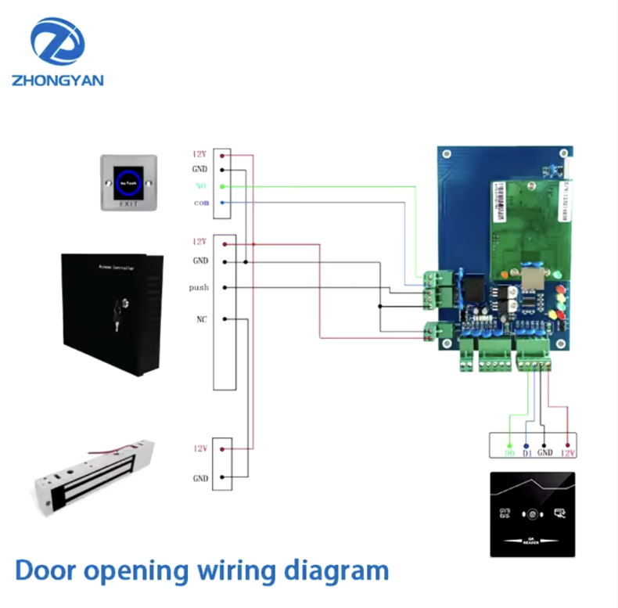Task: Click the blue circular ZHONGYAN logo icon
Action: tap(57, 42)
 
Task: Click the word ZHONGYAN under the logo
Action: tap(58, 80)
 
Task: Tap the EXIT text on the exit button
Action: tap(128, 203)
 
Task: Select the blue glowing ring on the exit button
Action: tap(128, 182)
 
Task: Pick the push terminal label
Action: tap(199, 288)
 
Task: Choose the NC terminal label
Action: tap(200, 319)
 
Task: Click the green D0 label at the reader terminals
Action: tap(510, 453)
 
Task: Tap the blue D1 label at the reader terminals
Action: tap(527, 453)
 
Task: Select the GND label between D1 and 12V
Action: tap(545, 453)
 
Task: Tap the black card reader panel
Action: tap(532, 514)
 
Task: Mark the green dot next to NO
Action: tap(223, 186)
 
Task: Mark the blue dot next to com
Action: tap(223, 203)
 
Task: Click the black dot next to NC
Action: tap(224, 319)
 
